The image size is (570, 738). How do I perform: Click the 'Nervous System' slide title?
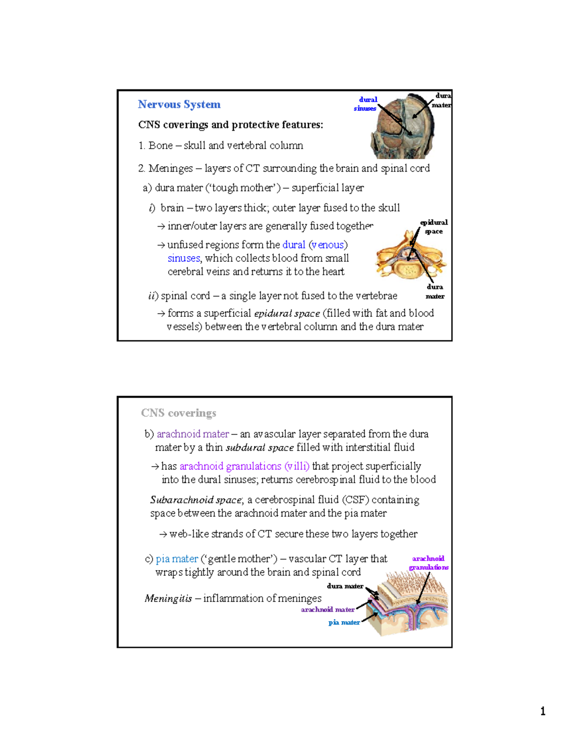pos(179,105)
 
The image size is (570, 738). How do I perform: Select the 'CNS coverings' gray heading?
pos(179,413)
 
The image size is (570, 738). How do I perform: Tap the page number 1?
pos(542,711)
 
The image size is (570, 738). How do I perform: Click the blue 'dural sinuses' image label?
pos(366,104)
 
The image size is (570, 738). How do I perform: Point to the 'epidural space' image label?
pos(434,227)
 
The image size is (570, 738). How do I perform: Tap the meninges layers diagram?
pos(409,606)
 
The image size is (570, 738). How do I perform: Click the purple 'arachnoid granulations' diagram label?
pos(428,563)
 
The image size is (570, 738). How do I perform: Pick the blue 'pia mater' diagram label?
pos(344,623)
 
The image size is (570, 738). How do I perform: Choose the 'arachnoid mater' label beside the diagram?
pos(328,610)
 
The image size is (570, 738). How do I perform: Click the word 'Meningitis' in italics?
pos(168,598)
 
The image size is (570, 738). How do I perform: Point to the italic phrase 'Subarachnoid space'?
pos(196,500)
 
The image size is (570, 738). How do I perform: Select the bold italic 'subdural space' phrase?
pos(259,448)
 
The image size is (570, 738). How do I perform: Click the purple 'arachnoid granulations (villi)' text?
pos(244,466)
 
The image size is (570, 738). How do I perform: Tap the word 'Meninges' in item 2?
pos(171,168)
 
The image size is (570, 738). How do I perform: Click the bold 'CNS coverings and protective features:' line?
pos(230,125)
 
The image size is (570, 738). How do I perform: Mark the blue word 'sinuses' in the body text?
pos(184,259)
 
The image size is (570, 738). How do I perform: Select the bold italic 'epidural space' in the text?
pos(287,314)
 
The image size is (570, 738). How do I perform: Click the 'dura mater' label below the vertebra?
pos(435,291)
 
